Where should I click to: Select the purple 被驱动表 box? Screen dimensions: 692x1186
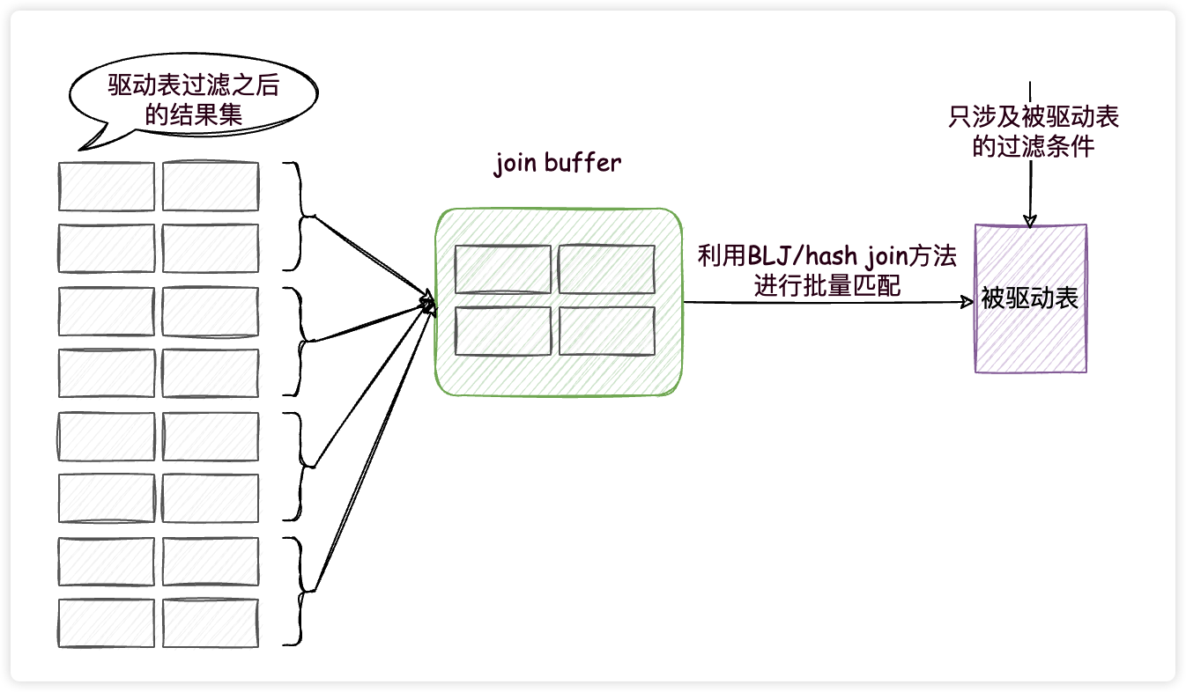pyautogui.click(x=1030, y=298)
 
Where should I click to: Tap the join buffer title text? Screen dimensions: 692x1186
pyautogui.click(x=557, y=163)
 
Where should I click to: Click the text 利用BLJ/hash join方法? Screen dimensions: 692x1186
pyautogui.click(x=826, y=257)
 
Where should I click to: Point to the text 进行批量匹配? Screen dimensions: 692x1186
pyautogui.click(x=827, y=286)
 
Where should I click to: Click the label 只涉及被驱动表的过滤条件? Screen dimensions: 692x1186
pyautogui.click(x=1033, y=131)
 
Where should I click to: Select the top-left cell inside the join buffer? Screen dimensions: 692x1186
pyautogui.click(x=502, y=269)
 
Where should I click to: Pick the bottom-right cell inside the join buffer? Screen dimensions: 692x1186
pyautogui.click(x=606, y=331)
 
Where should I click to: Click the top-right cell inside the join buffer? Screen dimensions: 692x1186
pyautogui.click(x=606, y=269)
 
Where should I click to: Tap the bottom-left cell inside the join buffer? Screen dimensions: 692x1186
pyautogui.click(x=502, y=331)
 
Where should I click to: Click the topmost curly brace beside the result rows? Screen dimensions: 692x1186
pyautogui.click(x=300, y=216)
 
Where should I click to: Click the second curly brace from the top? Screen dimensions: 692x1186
pyautogui.click(x=300, y=341)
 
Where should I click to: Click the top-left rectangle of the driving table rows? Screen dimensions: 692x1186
pyautogui.click(x=107, y=187)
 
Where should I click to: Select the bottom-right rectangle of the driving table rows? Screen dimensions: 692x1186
pyautogui.click(x=211, y=622)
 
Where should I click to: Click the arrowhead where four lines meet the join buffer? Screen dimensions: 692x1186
pyautogui.click(x=428, y=306)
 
